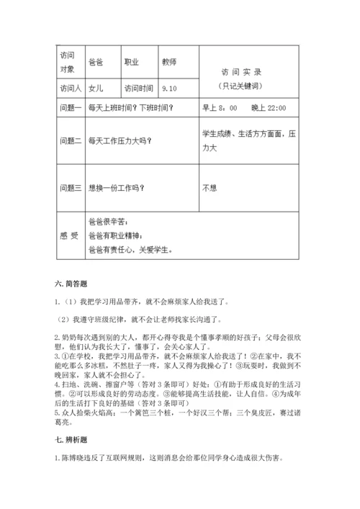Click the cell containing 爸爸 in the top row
(x=94, y=63)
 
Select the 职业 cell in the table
(x=132, y=63)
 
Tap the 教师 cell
(x=169, y=63)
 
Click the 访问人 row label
(x=67, y=89)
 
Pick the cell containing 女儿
(x=94, y=89)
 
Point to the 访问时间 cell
(x=139, y=89)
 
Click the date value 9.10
(x=170, y=89)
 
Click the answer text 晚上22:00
(x=269, y=108)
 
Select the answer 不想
(x=210, y=188)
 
